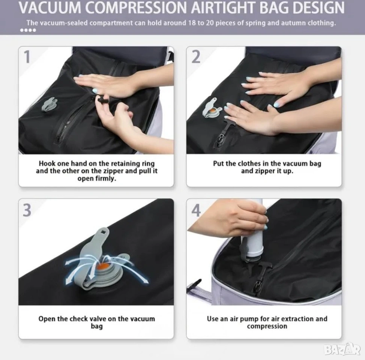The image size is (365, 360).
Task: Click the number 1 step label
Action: tap(27, 57)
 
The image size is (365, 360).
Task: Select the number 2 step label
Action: tap(196, 57)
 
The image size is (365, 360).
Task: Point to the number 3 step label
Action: tap(27, 210)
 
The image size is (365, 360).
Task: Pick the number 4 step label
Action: tap(196, 210)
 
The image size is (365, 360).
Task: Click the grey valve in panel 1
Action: tap(50, 104)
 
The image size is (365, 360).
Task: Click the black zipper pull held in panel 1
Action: tap(103, 100)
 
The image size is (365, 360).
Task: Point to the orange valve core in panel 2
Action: tap(213, 111)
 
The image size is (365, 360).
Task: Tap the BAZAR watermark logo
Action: tap(342, 349)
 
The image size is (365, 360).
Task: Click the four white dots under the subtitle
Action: tap(28, 30)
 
